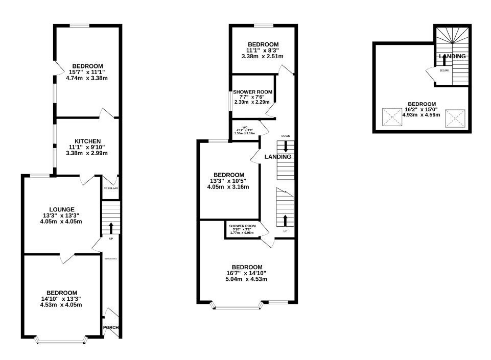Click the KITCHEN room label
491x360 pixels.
click(x=87, y=141)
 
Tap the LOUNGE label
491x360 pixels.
click(x=62, y=209)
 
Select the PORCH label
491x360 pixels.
click(x=111, y=327)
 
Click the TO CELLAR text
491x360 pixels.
click(x=111, y=188)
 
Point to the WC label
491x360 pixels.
click(x=245, y=127)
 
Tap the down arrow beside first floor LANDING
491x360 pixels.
click(x=286, y=146)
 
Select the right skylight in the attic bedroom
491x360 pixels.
click(x=453, y=118)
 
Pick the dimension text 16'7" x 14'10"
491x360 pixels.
click(x=247, y=273)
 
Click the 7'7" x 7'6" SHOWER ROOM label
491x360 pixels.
click(x=252, y=92)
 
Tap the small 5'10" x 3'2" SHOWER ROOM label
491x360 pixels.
click(x=242, y=226)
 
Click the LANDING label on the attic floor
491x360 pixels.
click(x=452, y=56)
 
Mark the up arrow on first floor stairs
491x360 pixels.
click(x=285, y=220)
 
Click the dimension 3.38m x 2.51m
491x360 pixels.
click(x=262, y=56)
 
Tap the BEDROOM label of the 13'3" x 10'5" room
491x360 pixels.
click(x=227, y=174)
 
